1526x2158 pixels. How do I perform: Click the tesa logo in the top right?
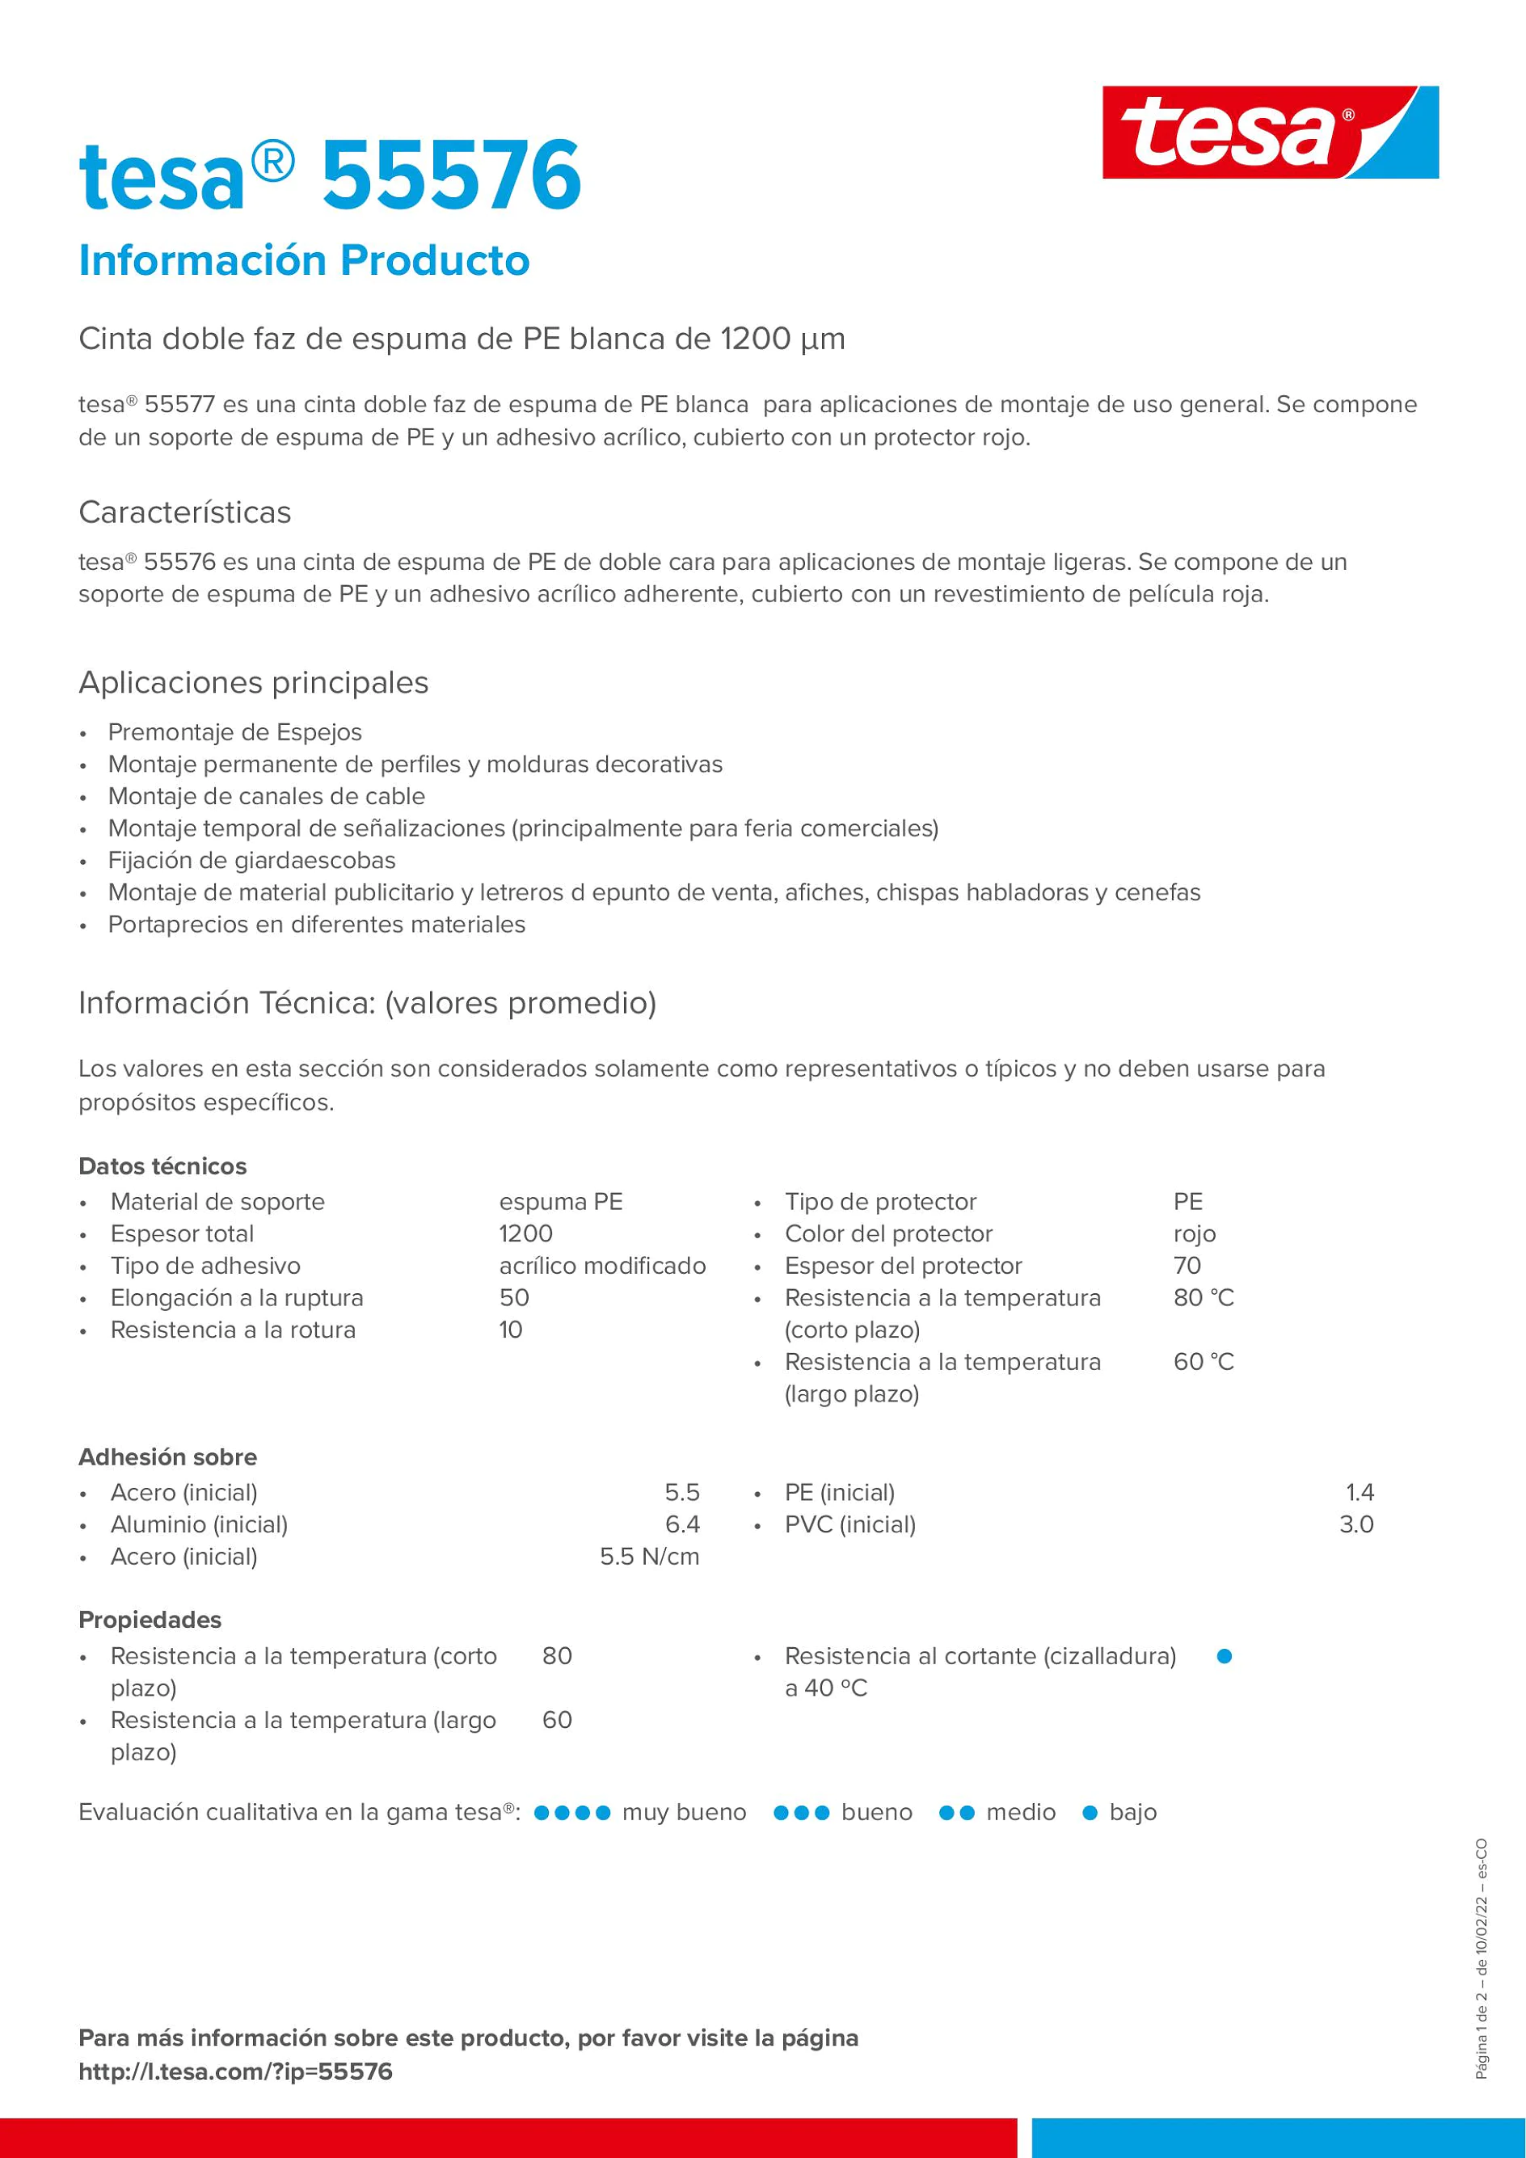(1270, 133)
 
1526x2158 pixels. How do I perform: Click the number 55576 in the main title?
(452, 175)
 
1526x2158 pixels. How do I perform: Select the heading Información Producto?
(304, 260)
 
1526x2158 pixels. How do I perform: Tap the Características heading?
(184, 512)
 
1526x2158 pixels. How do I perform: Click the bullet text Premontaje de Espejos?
(235, 732)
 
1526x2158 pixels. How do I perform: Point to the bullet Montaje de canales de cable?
(266, 796)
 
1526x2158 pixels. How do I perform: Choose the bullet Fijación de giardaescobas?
(252, 860)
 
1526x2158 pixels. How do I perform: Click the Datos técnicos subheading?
(162, 1165)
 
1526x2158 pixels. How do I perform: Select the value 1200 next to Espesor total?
(526, 1233)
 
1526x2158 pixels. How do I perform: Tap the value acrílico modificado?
(602, 1265)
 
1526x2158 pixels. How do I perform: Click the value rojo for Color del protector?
(1195, 1233)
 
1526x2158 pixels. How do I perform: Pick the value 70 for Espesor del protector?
(1187, 1265)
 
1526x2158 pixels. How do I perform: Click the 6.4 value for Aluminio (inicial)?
(682, 1524)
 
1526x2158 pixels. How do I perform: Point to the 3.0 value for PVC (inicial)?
(1356, 1524)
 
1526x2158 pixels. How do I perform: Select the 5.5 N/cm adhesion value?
(649, 1556)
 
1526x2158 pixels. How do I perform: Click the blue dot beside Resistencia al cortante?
(1225, 1656)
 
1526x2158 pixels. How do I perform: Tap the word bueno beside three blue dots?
(877, 1812)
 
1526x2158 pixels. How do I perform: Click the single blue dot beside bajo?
(1090, 1813)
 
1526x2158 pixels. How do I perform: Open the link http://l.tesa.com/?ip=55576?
(235, 2071)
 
